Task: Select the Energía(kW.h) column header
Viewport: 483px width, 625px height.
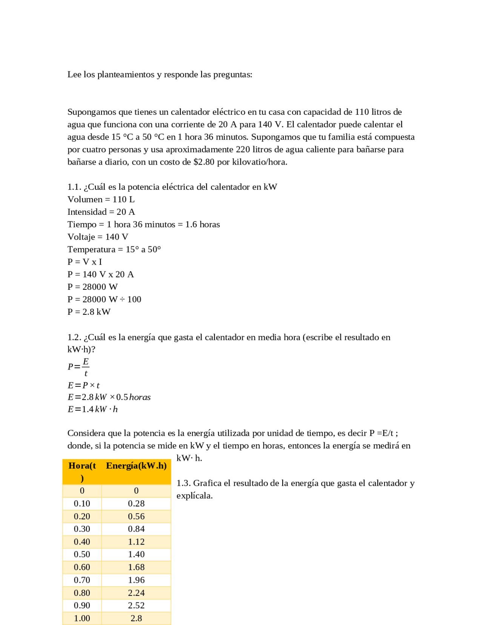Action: tap(136, 466)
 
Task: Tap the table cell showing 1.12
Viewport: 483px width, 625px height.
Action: tap(136, 542)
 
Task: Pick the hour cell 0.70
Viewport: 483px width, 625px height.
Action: tap(82, 580)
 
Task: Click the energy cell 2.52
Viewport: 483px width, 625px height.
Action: tap(136, 605)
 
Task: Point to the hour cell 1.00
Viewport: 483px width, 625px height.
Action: tap(82, 618)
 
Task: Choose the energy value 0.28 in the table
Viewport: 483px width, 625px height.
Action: tap(136, 503)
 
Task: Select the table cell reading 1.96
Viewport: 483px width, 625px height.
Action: tap(136, 580)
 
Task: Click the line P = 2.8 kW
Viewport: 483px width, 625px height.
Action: tap(89, 312)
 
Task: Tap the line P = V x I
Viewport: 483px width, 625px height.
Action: tap(85, 262)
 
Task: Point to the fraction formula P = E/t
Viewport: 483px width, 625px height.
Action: tap(78, 367)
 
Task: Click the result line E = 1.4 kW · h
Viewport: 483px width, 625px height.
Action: tap(92, 409)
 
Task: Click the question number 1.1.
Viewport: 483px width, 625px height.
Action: tap(74, 187)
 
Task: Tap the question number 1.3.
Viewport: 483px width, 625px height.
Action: tap(183, 483)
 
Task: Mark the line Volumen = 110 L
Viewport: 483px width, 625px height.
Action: tap(101, 199)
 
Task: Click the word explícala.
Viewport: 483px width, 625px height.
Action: tap(194, 496)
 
